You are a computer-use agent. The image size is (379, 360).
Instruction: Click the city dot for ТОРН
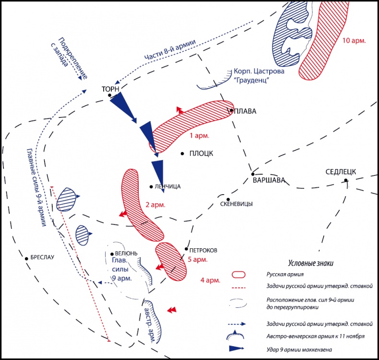click(x=110, y=95)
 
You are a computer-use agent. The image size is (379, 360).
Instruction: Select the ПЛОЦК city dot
click(x=182, y=153)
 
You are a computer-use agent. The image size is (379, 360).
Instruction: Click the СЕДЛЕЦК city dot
click(x=345, y=180)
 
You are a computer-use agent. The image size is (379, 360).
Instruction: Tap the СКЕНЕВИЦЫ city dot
click(x=228, y=199)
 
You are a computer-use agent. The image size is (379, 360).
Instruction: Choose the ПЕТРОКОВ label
click(x=203, y=250)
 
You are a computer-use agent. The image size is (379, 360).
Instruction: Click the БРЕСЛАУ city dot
click(x=27, y=258)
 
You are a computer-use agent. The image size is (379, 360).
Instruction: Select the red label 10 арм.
click(x=354, y=41)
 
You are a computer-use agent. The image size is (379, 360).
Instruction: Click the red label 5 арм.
click(x=197, y=259)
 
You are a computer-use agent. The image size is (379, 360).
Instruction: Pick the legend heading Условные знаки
click(x=310, y=263)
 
